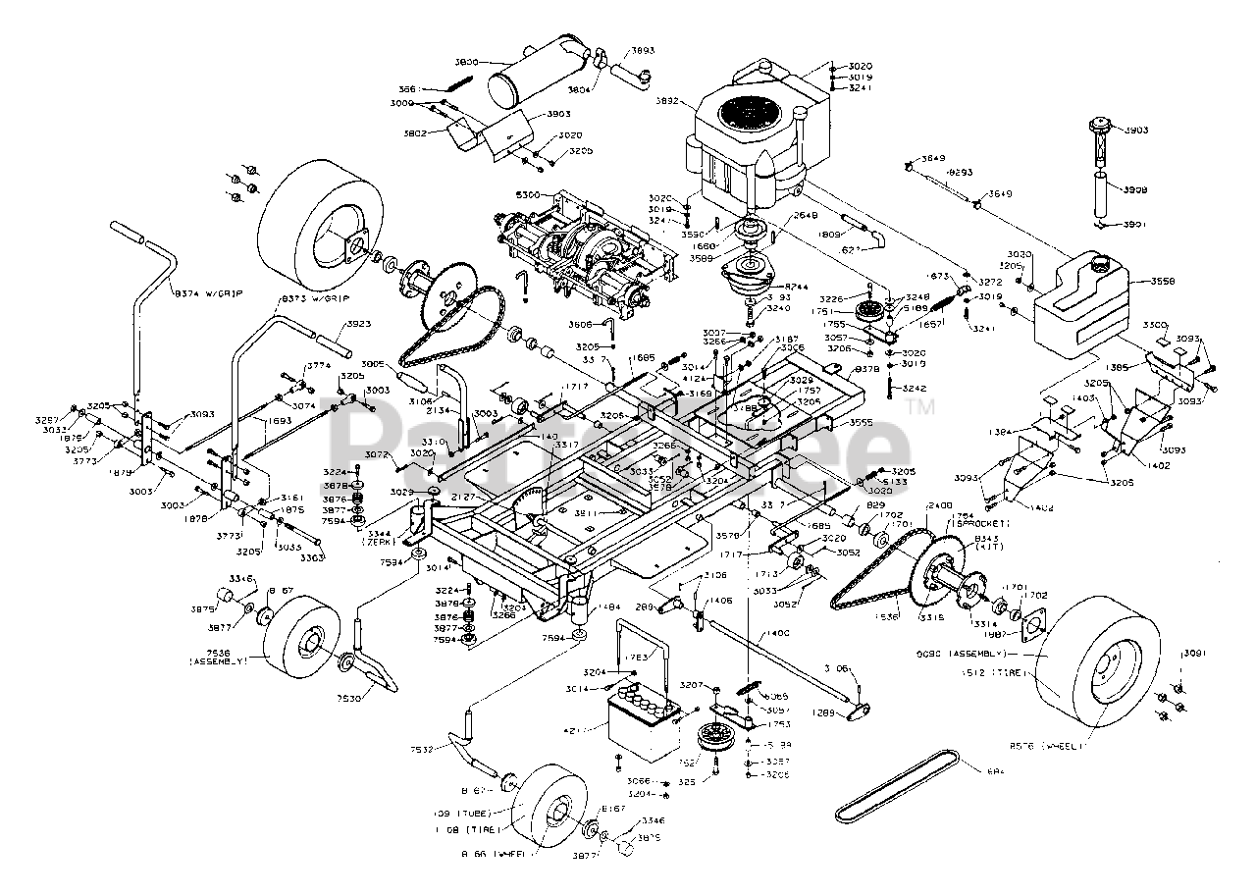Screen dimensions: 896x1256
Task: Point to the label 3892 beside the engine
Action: (667, 98)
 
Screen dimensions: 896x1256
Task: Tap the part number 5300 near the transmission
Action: (528, 195)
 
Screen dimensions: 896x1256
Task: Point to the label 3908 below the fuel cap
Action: (1135, 189)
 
